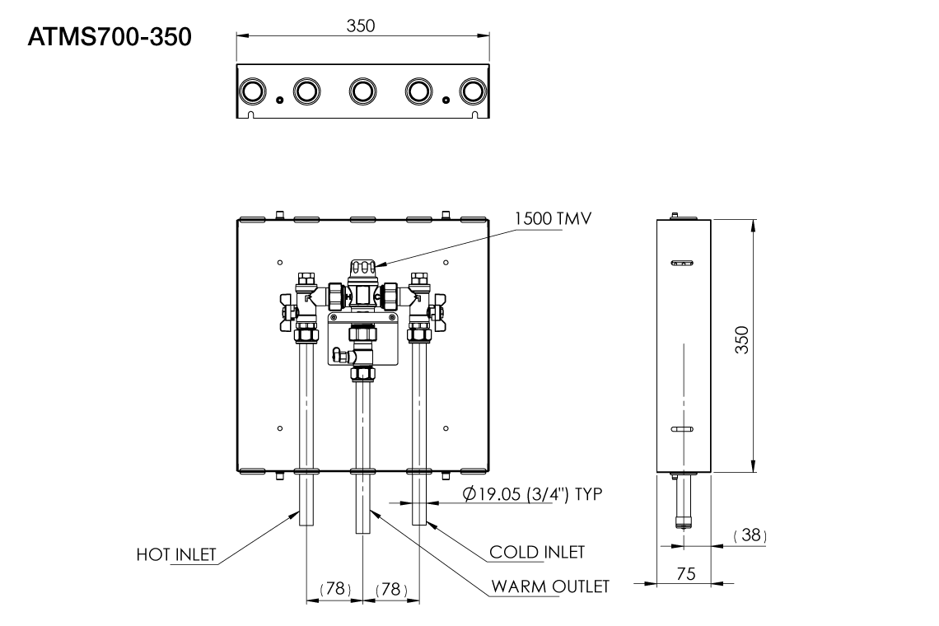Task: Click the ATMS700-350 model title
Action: pos(110,38)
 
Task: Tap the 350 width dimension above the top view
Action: pos(361,25)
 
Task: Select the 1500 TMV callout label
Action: pos(553,219)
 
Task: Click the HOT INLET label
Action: pos(176,555)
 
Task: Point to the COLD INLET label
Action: pos(537,552)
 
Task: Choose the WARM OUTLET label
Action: pos(550,586)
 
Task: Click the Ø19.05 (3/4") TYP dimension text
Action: pos(533,494)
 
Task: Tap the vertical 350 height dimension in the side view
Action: pos(741,340)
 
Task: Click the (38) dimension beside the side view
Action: pos(750,536)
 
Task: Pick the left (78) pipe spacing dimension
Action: pos(334,590)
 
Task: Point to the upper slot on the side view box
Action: pos(682,263)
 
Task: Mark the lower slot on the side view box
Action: pos(682,429)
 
